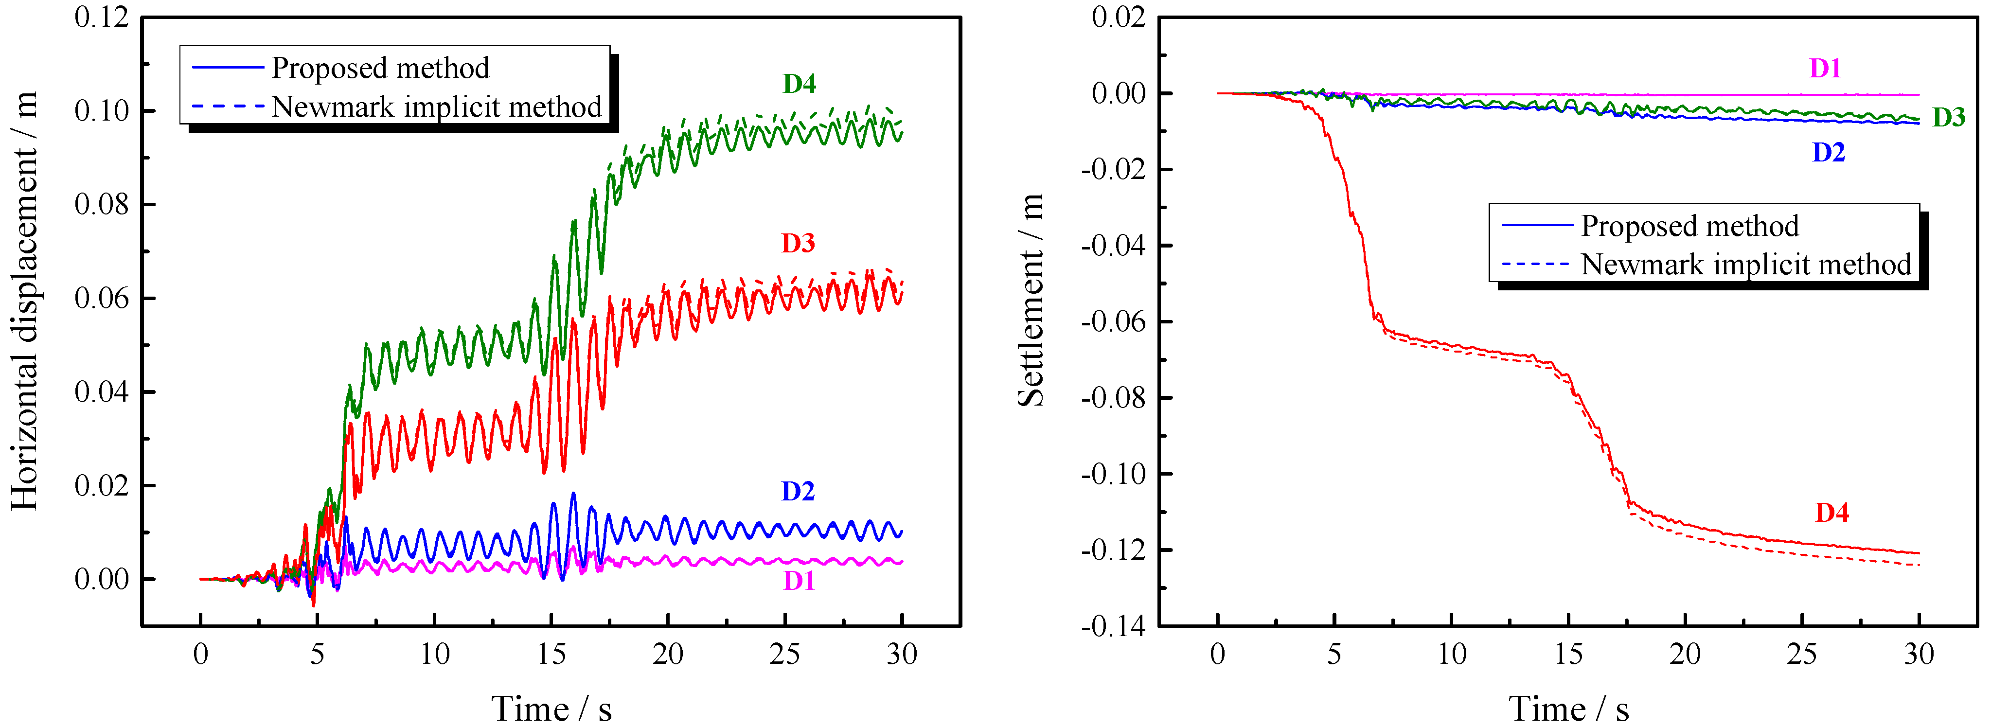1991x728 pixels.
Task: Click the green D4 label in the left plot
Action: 799,84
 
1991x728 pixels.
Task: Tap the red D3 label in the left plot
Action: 798,244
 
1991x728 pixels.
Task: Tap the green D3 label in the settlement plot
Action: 1949,118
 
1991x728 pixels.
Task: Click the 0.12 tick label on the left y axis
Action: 101,17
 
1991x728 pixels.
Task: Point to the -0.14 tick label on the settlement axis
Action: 1113,626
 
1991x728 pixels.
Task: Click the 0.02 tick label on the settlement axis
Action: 1119,17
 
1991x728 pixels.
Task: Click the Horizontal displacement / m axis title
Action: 25,302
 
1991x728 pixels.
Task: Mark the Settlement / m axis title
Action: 1031,302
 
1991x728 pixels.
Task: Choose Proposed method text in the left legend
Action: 379,68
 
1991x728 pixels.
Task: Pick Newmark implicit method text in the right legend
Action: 1745,264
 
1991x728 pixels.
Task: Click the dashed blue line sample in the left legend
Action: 227,106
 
